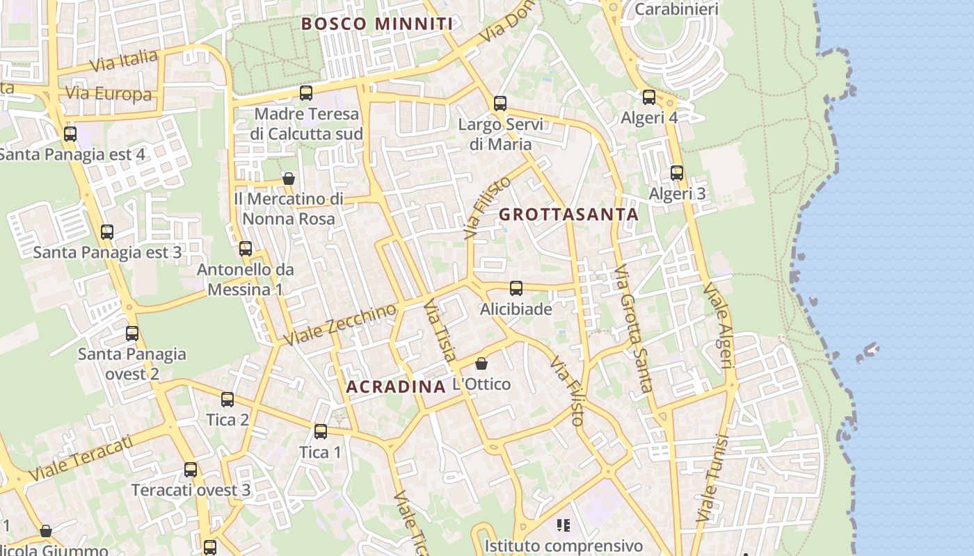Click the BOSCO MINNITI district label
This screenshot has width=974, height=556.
click(x=377, y=24)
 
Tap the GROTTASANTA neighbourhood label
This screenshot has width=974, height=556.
click(x=568, y=214)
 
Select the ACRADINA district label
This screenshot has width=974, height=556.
click(x=396, y=386)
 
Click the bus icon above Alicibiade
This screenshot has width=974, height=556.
click(x=516, y=288)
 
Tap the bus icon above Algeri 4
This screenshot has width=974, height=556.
click(x=649, y=97)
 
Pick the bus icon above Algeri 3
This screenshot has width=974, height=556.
click(x=677, y=173)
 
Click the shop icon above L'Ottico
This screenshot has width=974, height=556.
click(x=481, y=363)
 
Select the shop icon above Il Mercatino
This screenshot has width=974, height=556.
click(x=289, y=179)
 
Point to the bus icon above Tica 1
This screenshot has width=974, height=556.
click(x=320, y=432)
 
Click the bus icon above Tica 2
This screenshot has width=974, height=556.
click(x=227, y=400)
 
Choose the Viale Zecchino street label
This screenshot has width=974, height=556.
click(x=342, y=324)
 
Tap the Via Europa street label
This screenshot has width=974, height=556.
click(x=108, y=94)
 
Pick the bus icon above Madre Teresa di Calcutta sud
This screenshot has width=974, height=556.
click(x=305, y=92)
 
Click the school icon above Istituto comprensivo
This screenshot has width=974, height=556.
click(x=564, y=525)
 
